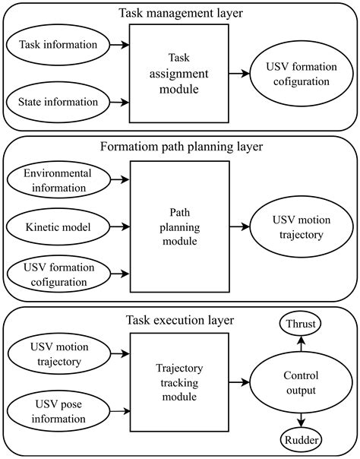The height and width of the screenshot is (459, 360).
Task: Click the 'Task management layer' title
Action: (179, 14)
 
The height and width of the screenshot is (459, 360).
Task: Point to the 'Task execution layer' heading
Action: (179, 320)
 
